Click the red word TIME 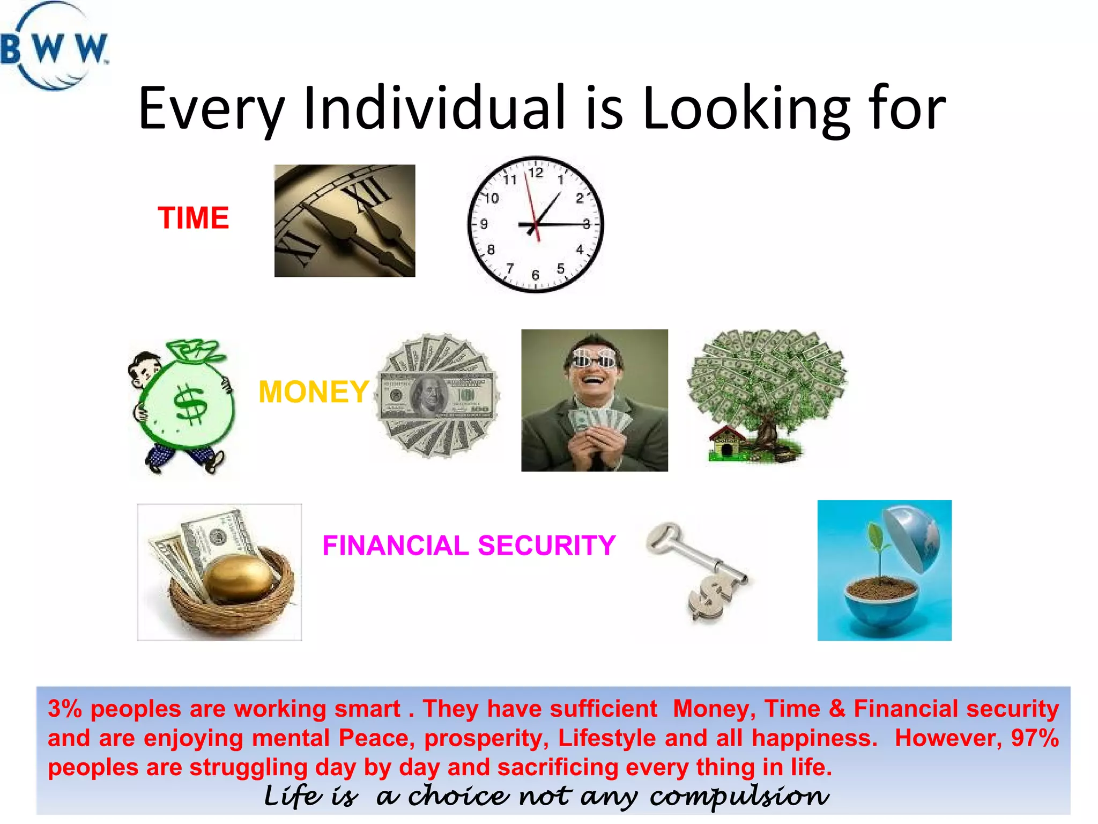click(193, 218)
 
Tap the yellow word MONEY click(314, 392)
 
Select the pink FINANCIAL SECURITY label click(469, 546)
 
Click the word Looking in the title click(746, 108)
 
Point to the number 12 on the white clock click(536, 173)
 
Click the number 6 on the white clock click(535, 275)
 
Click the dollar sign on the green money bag click(191, 405)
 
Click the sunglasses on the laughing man click(595, 358)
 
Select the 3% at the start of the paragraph click(65, 709)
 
